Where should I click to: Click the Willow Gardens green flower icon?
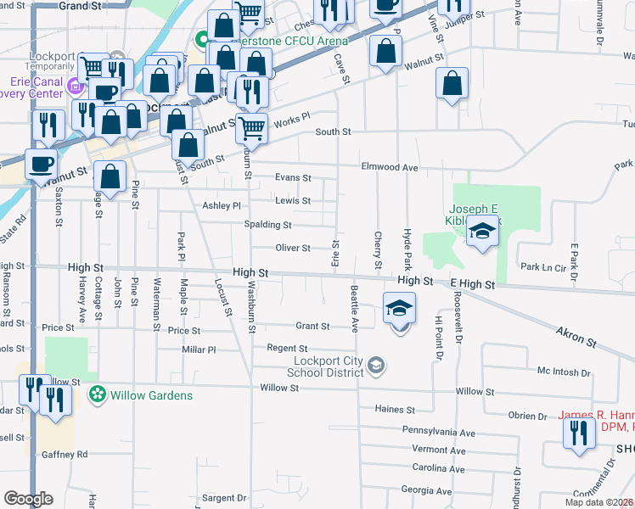pyautogui.click(x=98, y=394)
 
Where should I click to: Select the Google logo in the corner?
pyautogui.click(x=28, y=499)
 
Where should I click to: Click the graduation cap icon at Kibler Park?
pyautogui.click(x=482, y=232)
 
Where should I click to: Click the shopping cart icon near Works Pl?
pyautogui.click(x=251, y=129)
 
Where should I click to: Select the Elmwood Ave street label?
pyautogui.click(x=390, y=167)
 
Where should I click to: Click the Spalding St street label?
pyautogui.click(x=268, y=225)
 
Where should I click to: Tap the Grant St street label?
pyautogui.click(x=312, y=326)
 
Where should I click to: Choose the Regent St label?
pyautogui.click(x=287, y=348)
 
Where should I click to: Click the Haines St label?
pyautogui.click(x=394, y=409)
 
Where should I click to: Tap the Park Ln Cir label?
pyautogui.click(x=542, y=267)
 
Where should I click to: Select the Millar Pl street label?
pyautogui.click(x=199, y=350)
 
